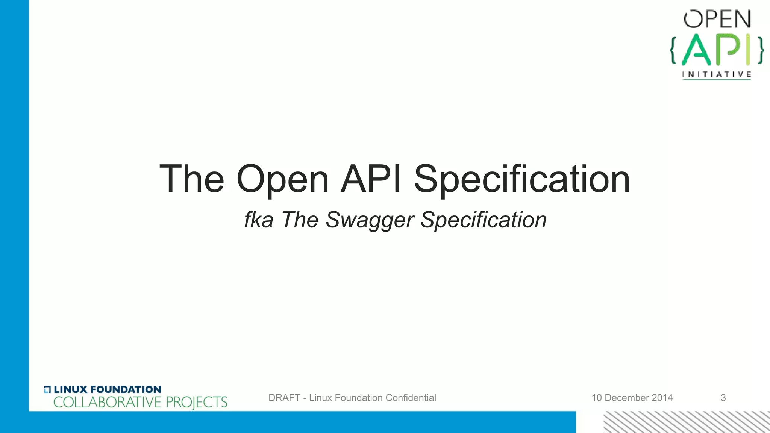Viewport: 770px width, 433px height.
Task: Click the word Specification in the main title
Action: click(x=521, y=180)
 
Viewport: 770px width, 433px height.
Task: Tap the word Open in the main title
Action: click(x=282, y=180)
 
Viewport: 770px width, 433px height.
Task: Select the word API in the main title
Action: click(x=371, y=179)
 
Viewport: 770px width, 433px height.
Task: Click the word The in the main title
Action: click(x=192, y=179)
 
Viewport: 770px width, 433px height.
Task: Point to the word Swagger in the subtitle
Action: click(x=370, y=220)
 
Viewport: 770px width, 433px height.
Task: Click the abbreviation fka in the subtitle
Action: click(x=258, y=220)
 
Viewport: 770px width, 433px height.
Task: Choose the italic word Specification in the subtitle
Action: click(x=484, y=220)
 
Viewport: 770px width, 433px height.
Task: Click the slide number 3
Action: click(x=723, y=398)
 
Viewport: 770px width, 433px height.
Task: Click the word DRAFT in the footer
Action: click(x=284, y=398)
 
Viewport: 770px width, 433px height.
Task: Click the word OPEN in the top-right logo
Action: click(x=717, y=19)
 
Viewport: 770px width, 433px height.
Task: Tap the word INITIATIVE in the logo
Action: click(x=717, y=74)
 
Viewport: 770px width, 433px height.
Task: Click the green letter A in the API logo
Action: click(x=696, y=50)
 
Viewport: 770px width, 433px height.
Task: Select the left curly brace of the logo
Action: click(x=674, y=50)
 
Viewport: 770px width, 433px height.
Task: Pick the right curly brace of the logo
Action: click(x=760, y=50)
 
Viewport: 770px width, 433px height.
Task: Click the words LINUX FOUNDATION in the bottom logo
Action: click(x=107, y=389)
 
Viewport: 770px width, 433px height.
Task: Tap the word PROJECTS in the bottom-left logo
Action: click(x=197, y=403)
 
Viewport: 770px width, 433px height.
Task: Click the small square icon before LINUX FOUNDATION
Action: click(x=47, y=389)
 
